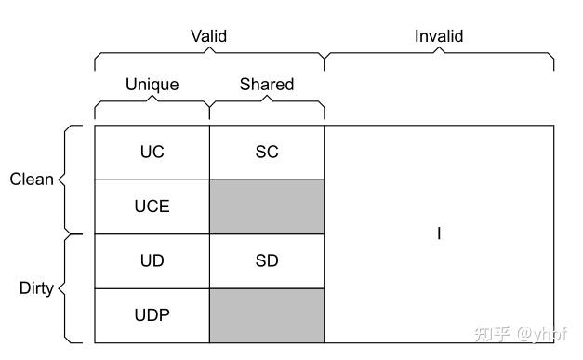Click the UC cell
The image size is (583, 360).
(152, 153)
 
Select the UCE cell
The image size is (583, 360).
(152, 207)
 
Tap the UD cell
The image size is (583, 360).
(152, 260)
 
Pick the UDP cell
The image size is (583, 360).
(152, 314)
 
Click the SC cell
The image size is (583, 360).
(267, 153)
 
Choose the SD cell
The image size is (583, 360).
(267, 260)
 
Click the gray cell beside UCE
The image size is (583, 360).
(267, 207)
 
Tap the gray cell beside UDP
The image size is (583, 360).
(267, 314)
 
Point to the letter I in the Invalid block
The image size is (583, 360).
(439, 233)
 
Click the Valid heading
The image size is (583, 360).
(209, 36)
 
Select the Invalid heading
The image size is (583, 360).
(439, 36)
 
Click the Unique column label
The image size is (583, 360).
(152, 85)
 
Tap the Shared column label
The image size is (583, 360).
(267, 85)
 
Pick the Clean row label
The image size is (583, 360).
(32, 180)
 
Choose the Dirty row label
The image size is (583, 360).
(36, 287)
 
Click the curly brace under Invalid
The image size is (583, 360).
(439, 58)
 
